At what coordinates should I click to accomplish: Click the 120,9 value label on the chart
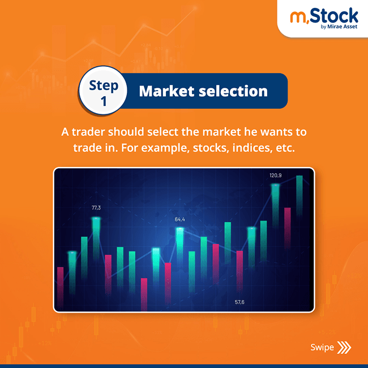(276, 176)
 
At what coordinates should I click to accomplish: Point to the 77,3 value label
(96, 208)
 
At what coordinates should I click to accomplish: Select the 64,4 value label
(180, 219)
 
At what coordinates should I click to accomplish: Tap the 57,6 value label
(239, 302)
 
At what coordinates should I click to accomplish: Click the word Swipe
(322, 347)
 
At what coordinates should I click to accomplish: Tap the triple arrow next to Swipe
(344, 347)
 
